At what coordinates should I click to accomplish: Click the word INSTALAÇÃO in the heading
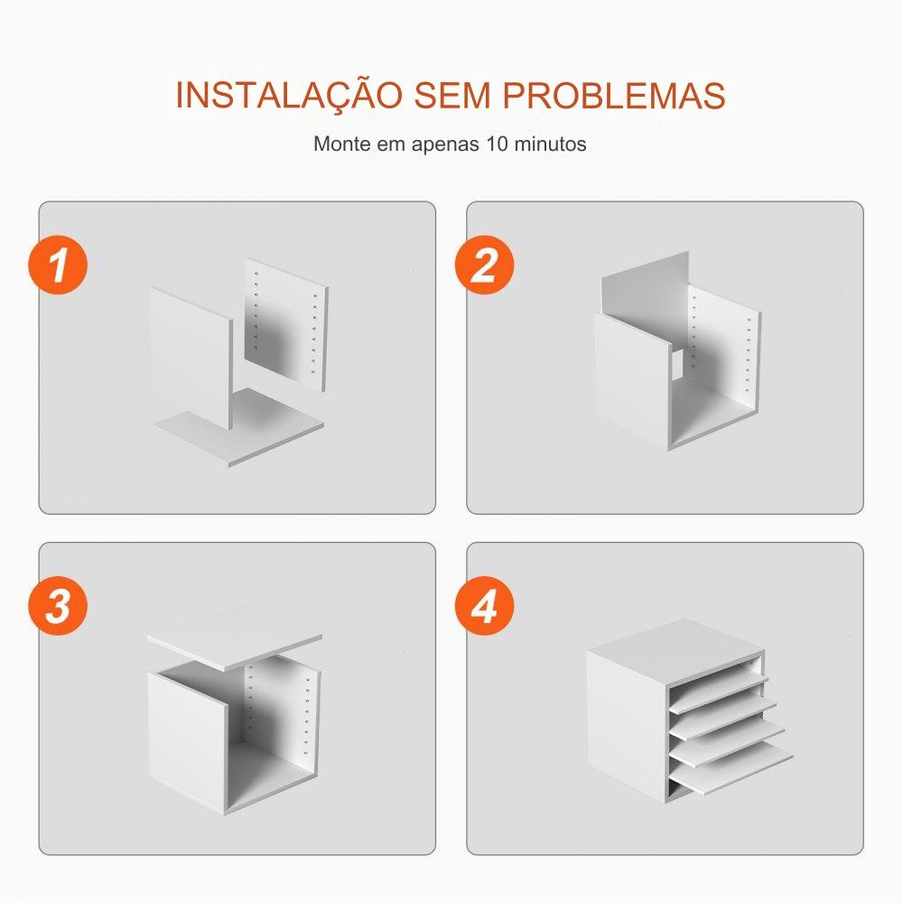coord(289,95)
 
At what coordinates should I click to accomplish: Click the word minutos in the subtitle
coord(550,144)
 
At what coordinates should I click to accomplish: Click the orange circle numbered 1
coord(58,265)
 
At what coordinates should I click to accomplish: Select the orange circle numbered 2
coord(484,265)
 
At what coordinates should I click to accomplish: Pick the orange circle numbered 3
coord(58,606)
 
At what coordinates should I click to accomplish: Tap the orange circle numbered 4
coord(484,606)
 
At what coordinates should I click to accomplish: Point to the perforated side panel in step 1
coord(286,325)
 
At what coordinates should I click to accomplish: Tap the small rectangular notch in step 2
coord(677,365)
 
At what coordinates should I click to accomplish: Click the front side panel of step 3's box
coord(187,743)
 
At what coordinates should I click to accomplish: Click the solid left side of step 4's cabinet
coord(628,727)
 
